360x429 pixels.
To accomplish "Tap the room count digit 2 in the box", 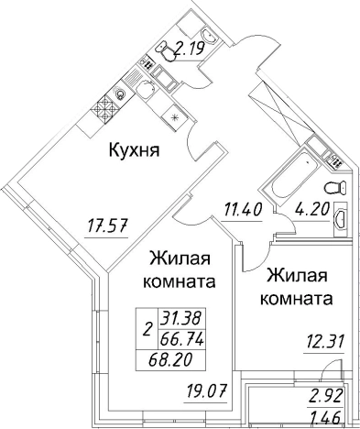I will tap(147, 327).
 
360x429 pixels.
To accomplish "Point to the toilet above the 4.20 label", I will tap(338, 186).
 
